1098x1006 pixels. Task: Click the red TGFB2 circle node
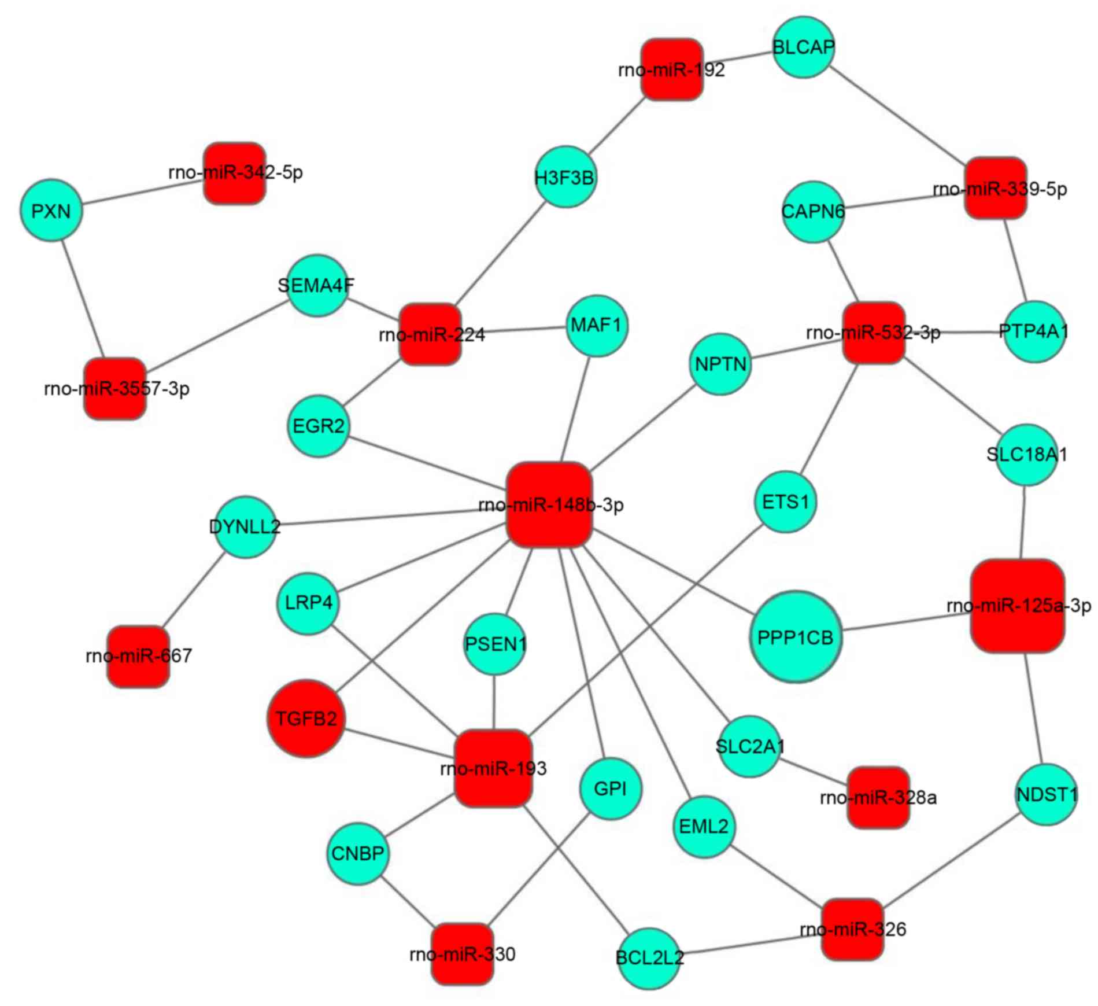306,718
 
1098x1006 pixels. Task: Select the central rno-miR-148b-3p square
550,504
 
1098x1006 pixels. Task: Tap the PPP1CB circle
795,637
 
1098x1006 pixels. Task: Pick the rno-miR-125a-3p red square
1018,606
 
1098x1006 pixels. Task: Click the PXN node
51,211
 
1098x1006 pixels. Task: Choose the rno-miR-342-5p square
235,173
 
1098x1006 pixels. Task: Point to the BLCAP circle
803,47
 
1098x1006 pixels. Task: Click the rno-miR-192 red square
672,69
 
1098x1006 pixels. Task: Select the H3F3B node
565,177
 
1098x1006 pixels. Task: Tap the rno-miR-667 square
139,656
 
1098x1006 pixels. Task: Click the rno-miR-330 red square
462,953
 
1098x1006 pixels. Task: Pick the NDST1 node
1046,794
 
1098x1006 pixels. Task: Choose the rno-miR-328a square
878,798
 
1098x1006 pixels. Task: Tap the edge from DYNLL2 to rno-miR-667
192,591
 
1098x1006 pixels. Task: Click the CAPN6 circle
813,212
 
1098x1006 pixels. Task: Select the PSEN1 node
495,644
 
